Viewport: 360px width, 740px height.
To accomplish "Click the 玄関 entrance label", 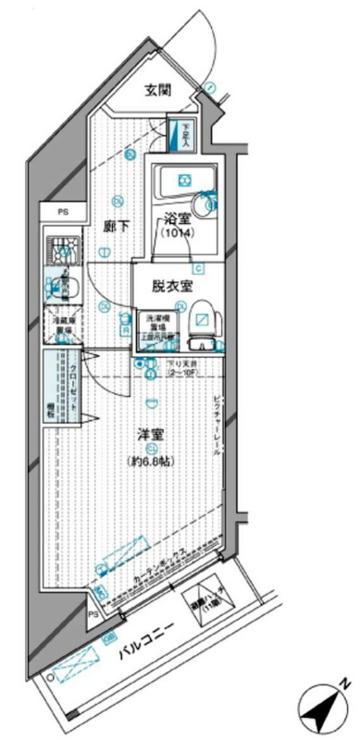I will [156, 90].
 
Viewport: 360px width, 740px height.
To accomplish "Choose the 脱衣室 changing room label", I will [172, 287].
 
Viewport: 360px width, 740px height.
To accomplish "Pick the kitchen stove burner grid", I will [61, 247].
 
